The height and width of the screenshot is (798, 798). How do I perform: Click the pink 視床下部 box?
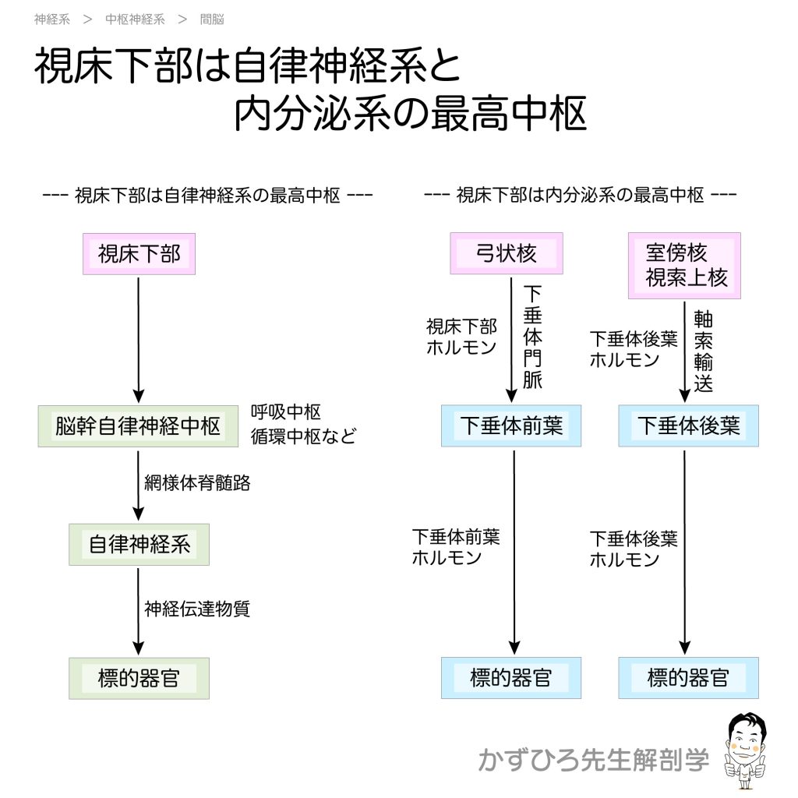(x=139, y=253)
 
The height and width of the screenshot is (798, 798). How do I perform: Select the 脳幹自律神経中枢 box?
(x=138, y=425)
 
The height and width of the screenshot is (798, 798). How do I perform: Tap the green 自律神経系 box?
(x=139, y=543)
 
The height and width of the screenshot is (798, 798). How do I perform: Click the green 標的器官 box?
(x=139, y=678)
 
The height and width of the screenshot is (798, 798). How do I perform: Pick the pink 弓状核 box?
(x=507, y=253)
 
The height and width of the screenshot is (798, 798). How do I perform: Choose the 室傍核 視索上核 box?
(x=684, y=266)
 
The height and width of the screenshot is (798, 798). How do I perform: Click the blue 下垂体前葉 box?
(x=511, y=425)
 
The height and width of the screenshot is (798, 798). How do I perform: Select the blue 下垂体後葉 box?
(x=688, y=425)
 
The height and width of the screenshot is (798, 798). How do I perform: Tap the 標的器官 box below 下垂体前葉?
(x=511, y=678)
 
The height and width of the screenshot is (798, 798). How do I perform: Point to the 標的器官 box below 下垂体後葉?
(x=688, y=678)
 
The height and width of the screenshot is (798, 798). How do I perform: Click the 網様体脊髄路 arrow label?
(x=197, y=482)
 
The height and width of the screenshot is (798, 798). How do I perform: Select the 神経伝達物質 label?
(x=197, y=609)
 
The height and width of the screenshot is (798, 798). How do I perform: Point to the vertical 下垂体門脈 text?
(x=532, y=337)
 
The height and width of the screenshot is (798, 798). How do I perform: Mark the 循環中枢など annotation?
(x=302, y=436)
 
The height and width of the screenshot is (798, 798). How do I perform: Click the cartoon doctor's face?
(x=747, y=736)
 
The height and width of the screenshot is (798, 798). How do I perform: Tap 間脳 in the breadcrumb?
(x=212, y=19)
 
